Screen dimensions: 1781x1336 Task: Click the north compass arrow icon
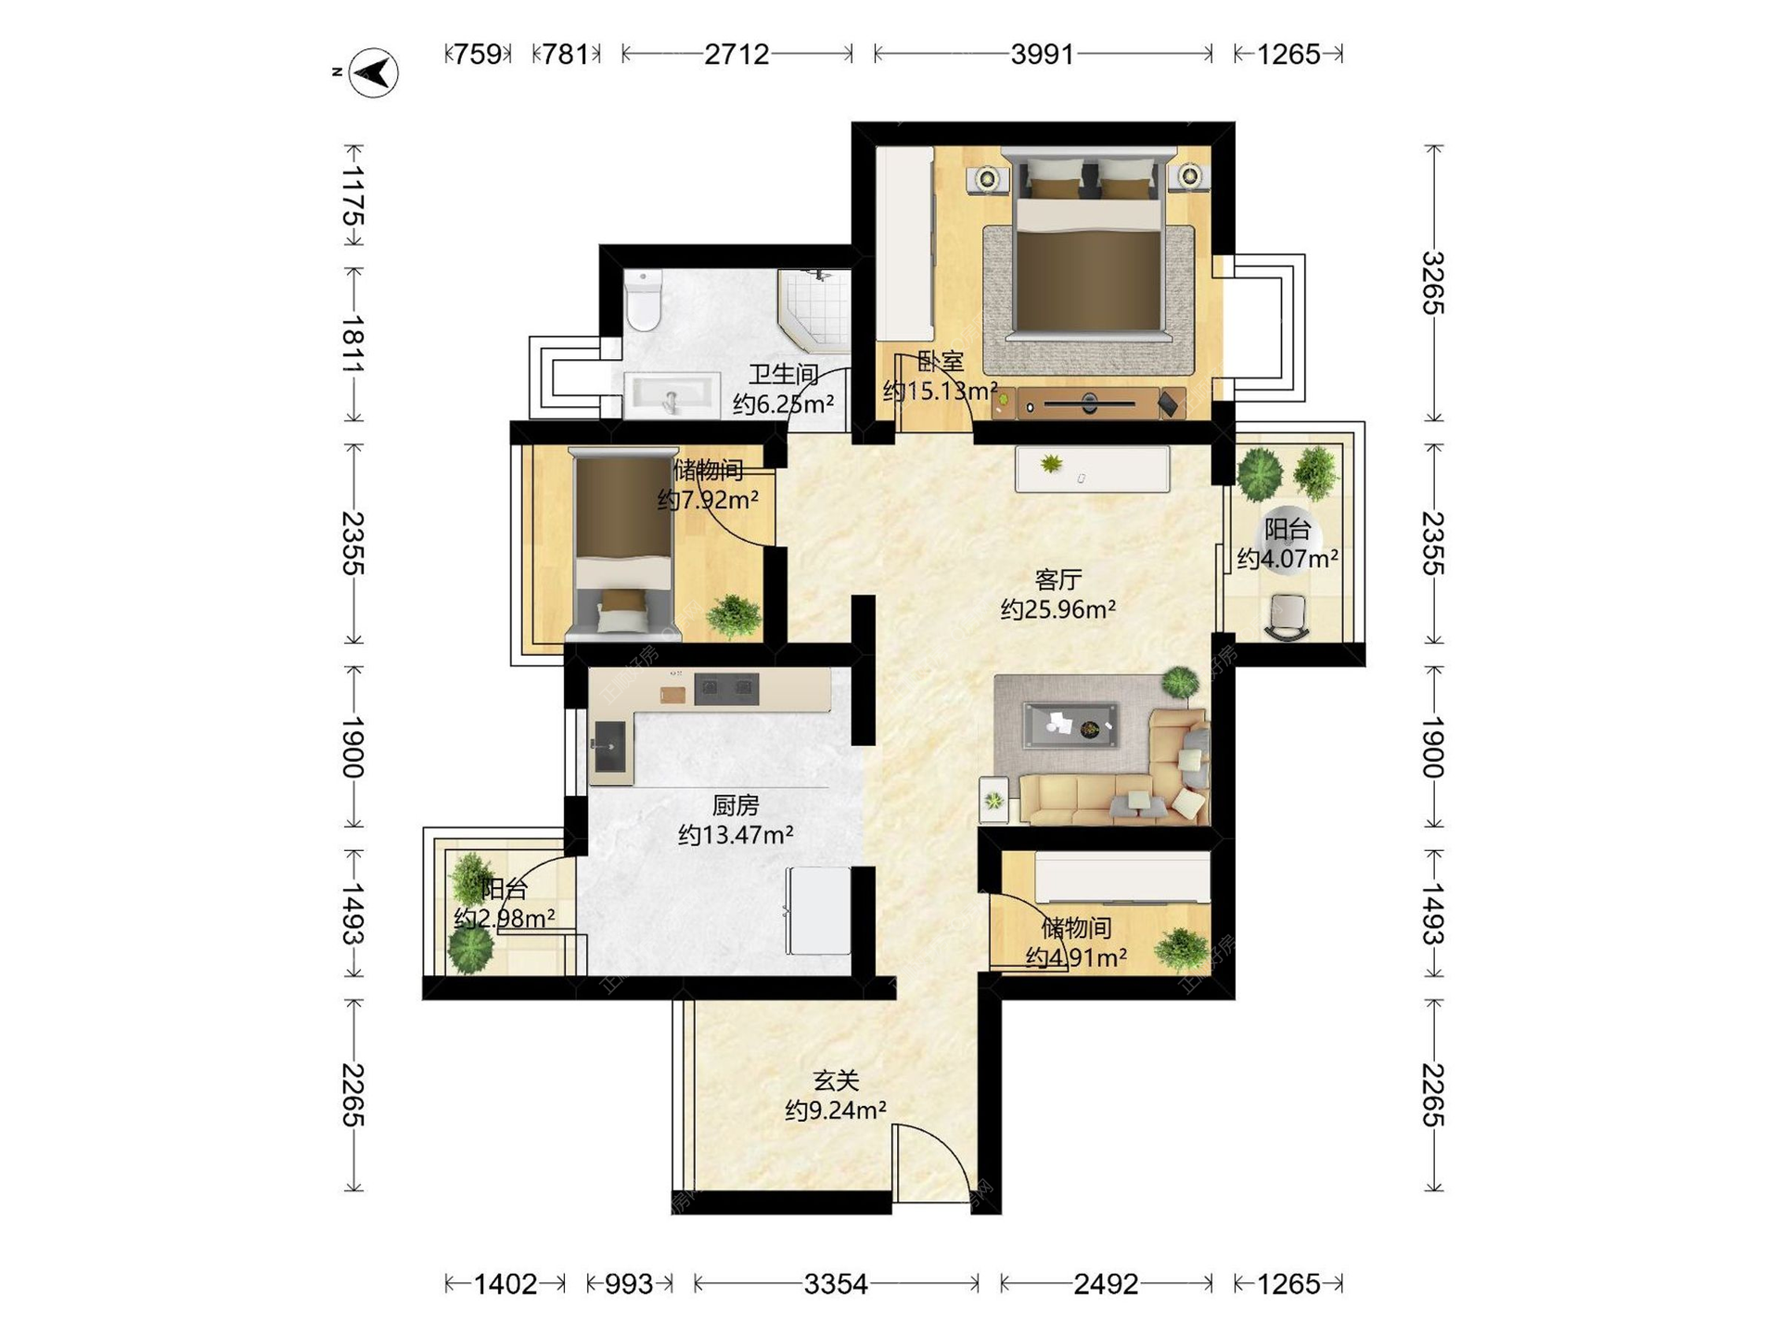(x=373, y=72)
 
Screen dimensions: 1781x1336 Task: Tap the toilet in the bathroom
(x=642, y=300)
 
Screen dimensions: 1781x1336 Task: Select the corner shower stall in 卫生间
(x=814, y=311)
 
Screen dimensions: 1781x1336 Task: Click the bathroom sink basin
(x=673, y=396)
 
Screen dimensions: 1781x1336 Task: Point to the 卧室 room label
(x=941, y=361)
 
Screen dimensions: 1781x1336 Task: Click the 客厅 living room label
(x=1058, y=580)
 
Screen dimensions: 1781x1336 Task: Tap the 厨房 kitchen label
(x=736, y=804)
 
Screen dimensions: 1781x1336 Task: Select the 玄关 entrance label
(x=836, y=1080)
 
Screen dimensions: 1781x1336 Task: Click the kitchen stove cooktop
(x=726, y=688)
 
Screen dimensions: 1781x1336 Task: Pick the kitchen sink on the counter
(x=610, y=746)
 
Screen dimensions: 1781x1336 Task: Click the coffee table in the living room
(x=1070, y=726)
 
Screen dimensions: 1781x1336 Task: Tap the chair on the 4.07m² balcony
(x=1288, y=617)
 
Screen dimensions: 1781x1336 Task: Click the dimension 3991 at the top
(x=1043, y=54)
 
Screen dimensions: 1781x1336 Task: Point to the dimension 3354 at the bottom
(x=836, y=1284)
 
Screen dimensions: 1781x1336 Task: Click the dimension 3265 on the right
(x=1434, y=283)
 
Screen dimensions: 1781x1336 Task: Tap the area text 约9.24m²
(x=836, y=1110)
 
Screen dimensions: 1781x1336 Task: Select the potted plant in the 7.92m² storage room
(x=734, y=616)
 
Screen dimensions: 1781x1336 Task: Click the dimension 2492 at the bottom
(x=1106, y=1284)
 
